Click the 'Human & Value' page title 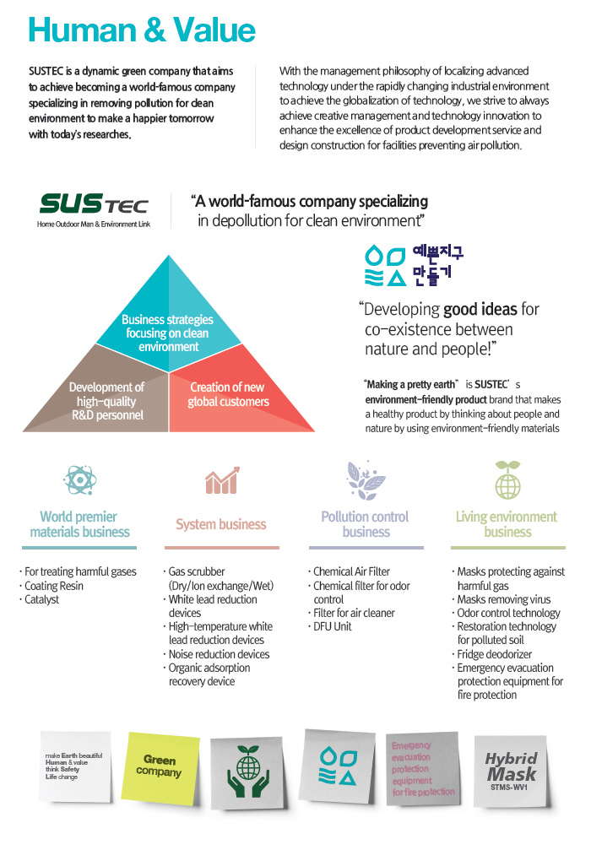pyautogui.click(x=141, y=30)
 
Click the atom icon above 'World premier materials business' pyautogui.click(x=79, y=479)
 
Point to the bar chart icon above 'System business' pyautogui.click(x=221, y=480)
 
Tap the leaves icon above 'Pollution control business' pyautogui.click(x=365, y=479)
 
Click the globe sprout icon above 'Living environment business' pyautogui.click(x=507, y=479)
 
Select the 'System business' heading pyautogui.click(x=221, y=524)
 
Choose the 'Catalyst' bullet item pyautogui.click(x=42, y=599)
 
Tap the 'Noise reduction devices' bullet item pyautogui.click(x=219, y=654)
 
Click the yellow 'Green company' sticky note pyautogui.click(x=160, y=766)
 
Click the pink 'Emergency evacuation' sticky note pyautogui.click(x=422, y=768)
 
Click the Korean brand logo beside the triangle pyautogui.click(x=414, y=263)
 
